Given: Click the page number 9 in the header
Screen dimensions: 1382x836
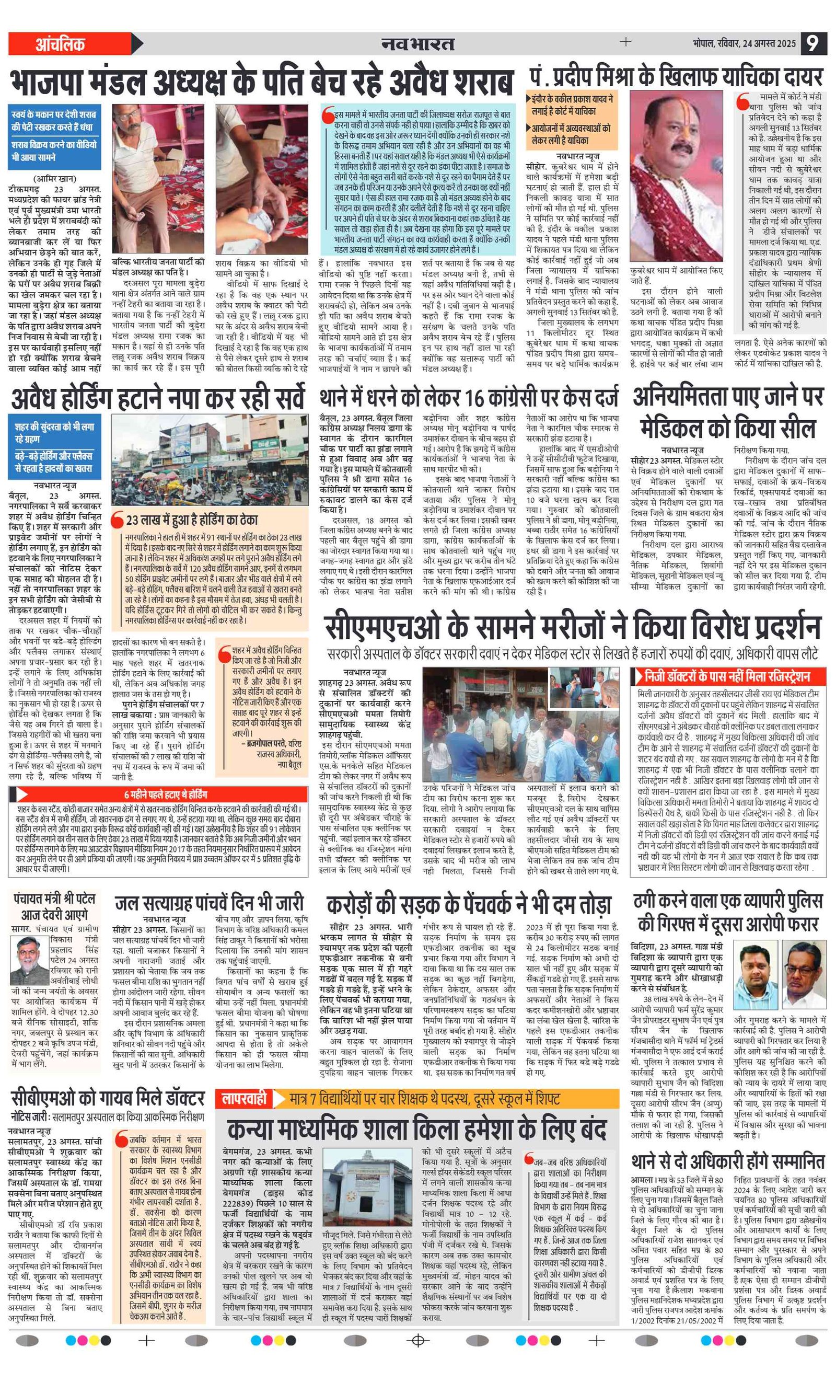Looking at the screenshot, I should [814, 44].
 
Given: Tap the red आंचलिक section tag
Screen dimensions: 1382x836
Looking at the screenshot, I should [60, 44].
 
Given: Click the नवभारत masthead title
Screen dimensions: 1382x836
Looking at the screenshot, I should [417, 44].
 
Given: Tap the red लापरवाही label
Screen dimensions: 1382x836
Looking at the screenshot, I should [245, 1098].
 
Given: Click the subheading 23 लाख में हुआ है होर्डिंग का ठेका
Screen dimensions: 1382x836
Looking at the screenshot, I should [191, 520].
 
